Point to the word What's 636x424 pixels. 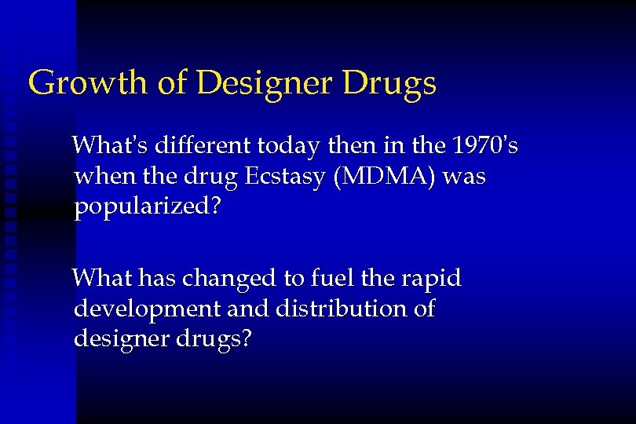point(109,145)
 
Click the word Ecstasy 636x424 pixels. point(286,177)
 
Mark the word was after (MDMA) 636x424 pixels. point(465,177)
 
